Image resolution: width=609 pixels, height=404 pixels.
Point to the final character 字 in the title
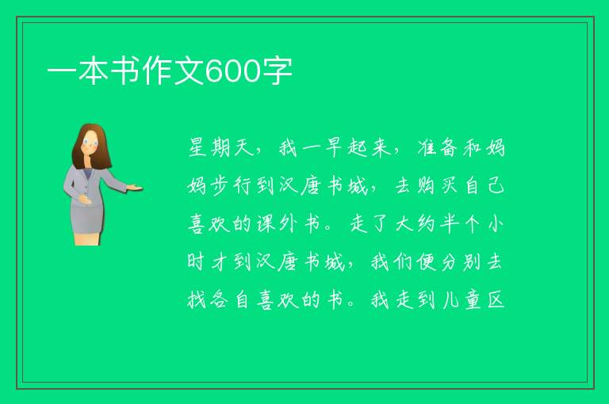coord(277,71)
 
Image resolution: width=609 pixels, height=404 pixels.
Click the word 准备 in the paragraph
coord(440,148)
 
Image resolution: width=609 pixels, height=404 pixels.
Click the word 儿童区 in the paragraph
coord(473,300)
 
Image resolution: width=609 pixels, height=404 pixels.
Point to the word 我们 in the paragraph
coord(391,262)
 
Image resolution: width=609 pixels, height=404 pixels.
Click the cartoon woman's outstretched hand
coord(135,188)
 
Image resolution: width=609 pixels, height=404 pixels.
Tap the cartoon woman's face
coord(90,142)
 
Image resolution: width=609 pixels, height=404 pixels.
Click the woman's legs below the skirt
coord(86,238)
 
